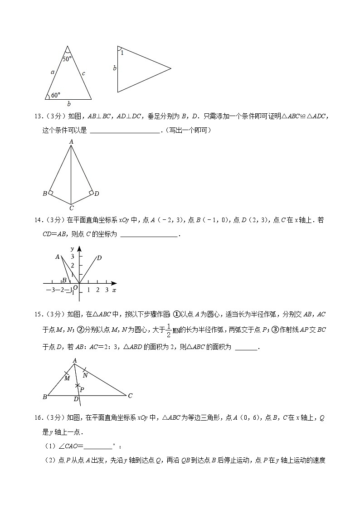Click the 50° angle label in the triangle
pyautogui.click(x=67, y=59)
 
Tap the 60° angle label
pyautogui.click(x=55, y=95)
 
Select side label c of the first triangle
pyautogui.click(x=83, y=72)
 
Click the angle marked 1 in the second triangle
pyautogui.click(x=122, y=53)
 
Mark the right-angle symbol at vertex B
pyautogui.click(x=51, y=193)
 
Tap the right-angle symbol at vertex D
pyautogui.click(x=91, y=193)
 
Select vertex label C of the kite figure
pyautogui.click(x=71, y=208)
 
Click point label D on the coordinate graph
pyautogui.click(x=99, y=258)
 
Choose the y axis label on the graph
pyautogui.click(x=73, y=249)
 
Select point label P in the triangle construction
pyautogui.click(x=82, y=389)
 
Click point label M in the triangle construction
pyautogui.click(x=67, y=378)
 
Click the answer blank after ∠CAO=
pyautogui.click(x=98, y=446)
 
